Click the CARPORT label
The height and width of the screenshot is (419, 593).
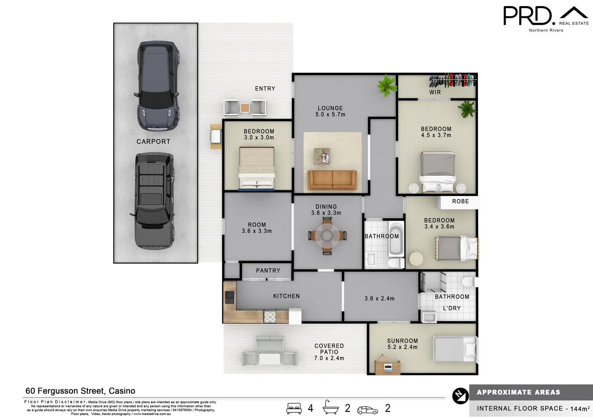point(153,142)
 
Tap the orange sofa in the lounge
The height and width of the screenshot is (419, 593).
point(332,180)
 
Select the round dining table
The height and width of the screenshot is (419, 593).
point(327,235)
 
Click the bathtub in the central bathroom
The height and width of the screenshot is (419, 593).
point(396,239)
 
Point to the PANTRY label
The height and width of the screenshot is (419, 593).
point(268,270)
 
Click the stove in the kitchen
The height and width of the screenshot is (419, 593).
point(270,316)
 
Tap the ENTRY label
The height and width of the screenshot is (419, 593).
point(265,88)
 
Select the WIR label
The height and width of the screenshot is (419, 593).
point(435,92)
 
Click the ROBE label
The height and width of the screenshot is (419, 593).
point(460,201)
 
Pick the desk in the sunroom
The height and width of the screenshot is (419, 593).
point(388,367)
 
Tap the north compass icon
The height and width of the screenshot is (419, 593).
point(460,396)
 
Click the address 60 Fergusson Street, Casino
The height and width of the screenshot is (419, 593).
point(80,391)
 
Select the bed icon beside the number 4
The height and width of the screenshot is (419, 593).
point(294,408)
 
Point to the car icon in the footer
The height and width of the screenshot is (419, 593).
point(367,410)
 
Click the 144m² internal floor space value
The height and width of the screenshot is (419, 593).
point(580,409)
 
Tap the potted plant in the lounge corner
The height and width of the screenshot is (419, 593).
point(387,85)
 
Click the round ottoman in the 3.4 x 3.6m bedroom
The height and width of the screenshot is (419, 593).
point(416,259)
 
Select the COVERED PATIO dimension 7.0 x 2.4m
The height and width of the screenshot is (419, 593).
point(329,358)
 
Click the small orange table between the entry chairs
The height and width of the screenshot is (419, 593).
point(245,107)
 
